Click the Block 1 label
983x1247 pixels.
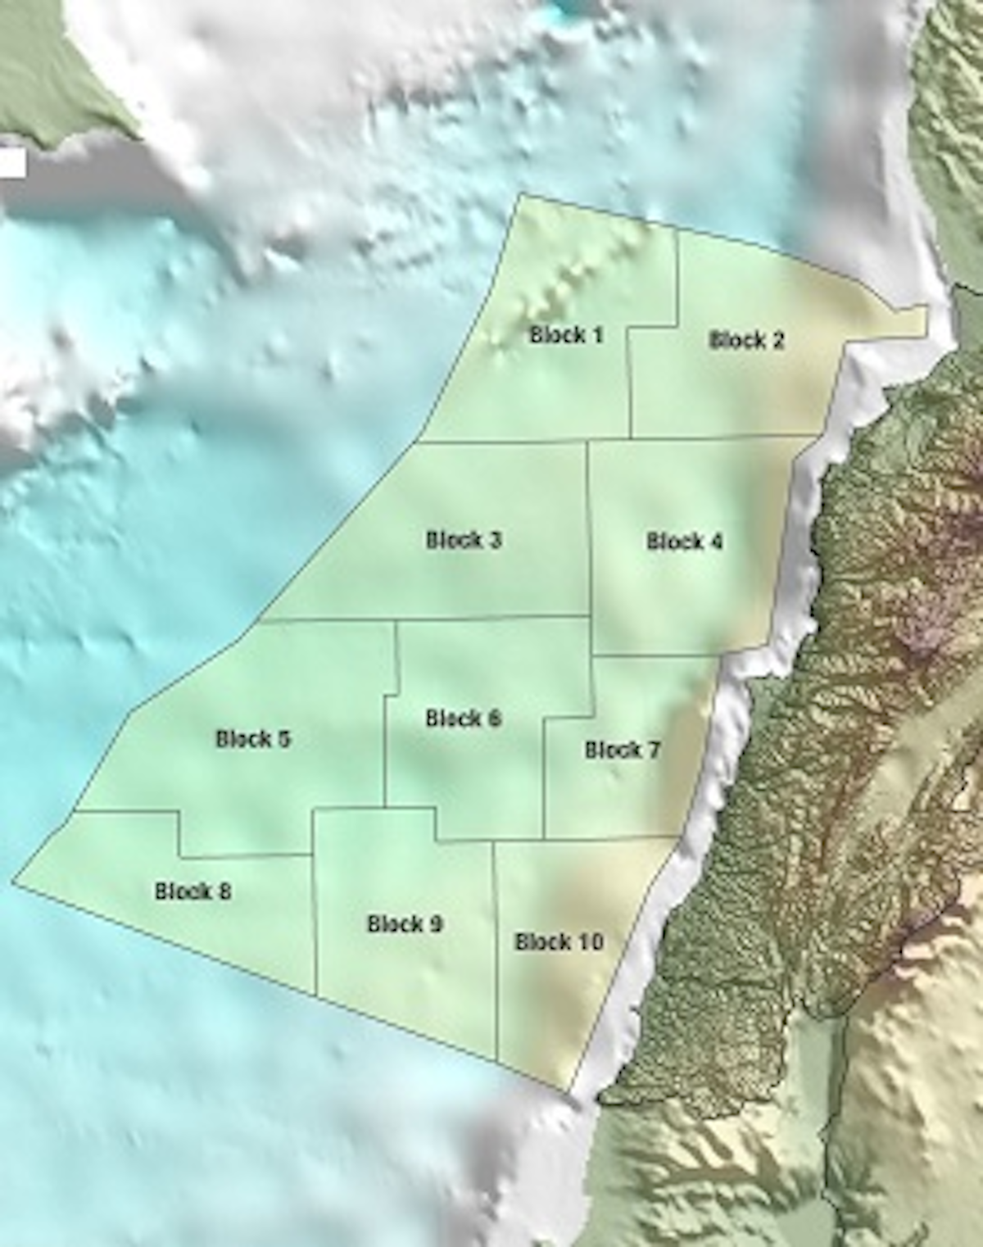[567, 335]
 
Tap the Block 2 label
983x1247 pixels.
[746, 340]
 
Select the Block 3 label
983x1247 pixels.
[464, 541]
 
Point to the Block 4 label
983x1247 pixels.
[685, 542]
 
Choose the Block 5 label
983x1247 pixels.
[253, 739]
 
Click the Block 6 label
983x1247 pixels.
[464, 719]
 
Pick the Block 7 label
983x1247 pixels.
[623, 750]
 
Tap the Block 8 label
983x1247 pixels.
[193, 891]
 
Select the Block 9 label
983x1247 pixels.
[405, 924]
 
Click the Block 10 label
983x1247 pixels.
[559, 942]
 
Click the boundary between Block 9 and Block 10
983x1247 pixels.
[496, 942]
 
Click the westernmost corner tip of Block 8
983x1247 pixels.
[13, 882]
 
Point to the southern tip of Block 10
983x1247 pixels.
[570, 1091]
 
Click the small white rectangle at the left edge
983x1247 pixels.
[11, 162]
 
